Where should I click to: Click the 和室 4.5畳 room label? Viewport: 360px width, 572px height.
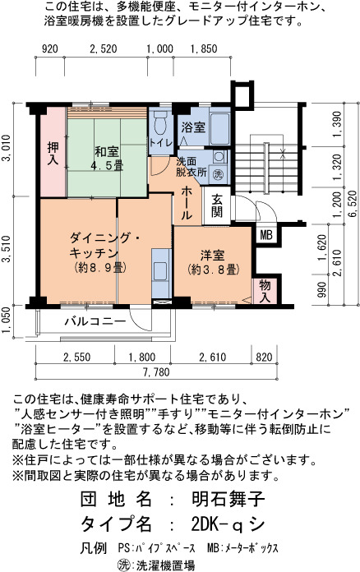click(x=107, y=159)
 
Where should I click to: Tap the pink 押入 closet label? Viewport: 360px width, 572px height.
click(x=53, y=154)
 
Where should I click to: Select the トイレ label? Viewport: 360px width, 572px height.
click(x=160, y=143)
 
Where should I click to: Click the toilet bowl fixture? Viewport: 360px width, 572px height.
click(x=160, y=123)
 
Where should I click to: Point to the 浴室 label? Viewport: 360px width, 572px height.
click(x=193, y=127)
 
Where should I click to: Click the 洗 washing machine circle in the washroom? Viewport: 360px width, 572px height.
click(x=218, y=173)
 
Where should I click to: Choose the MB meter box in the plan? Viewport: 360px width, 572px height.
click(x=266, y=235)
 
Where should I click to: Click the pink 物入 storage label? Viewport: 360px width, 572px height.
click(x=265, y=291)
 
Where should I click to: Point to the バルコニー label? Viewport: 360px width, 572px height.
click(x=95, y=321)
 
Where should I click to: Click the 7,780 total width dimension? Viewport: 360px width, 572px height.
click(x=156, y=372)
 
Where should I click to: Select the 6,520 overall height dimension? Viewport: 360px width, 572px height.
click(x=353, y=204)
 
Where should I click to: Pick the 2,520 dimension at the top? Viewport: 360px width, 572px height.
click(x=104, y=48)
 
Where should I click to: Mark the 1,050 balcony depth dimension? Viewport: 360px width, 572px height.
click(x=6, y=322)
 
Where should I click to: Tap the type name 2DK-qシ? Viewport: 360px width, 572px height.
click(x=228, y=524)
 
